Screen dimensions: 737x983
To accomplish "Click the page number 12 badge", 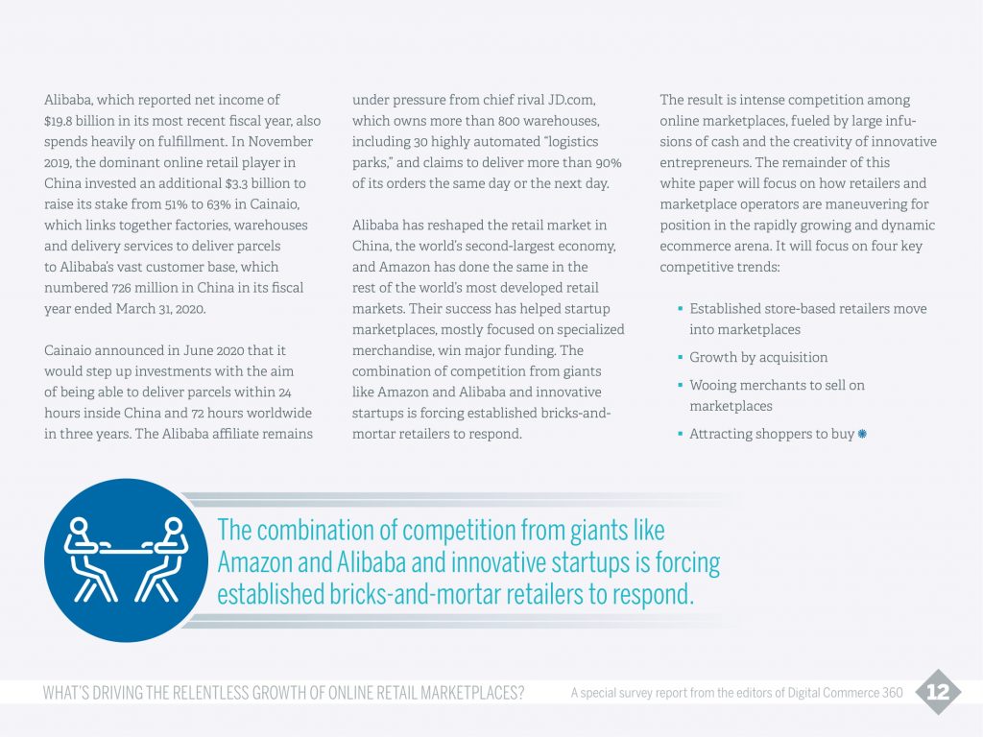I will tap(937, 693).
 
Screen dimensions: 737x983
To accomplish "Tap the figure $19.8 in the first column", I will tap(63, 121).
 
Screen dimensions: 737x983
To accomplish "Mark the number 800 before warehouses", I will tap(521, 121).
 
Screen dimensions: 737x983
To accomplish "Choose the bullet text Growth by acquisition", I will tap(758, 357).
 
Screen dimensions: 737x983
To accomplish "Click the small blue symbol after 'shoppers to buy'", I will tap(862, 434).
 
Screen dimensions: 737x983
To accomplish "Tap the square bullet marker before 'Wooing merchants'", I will tap(680, 385).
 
